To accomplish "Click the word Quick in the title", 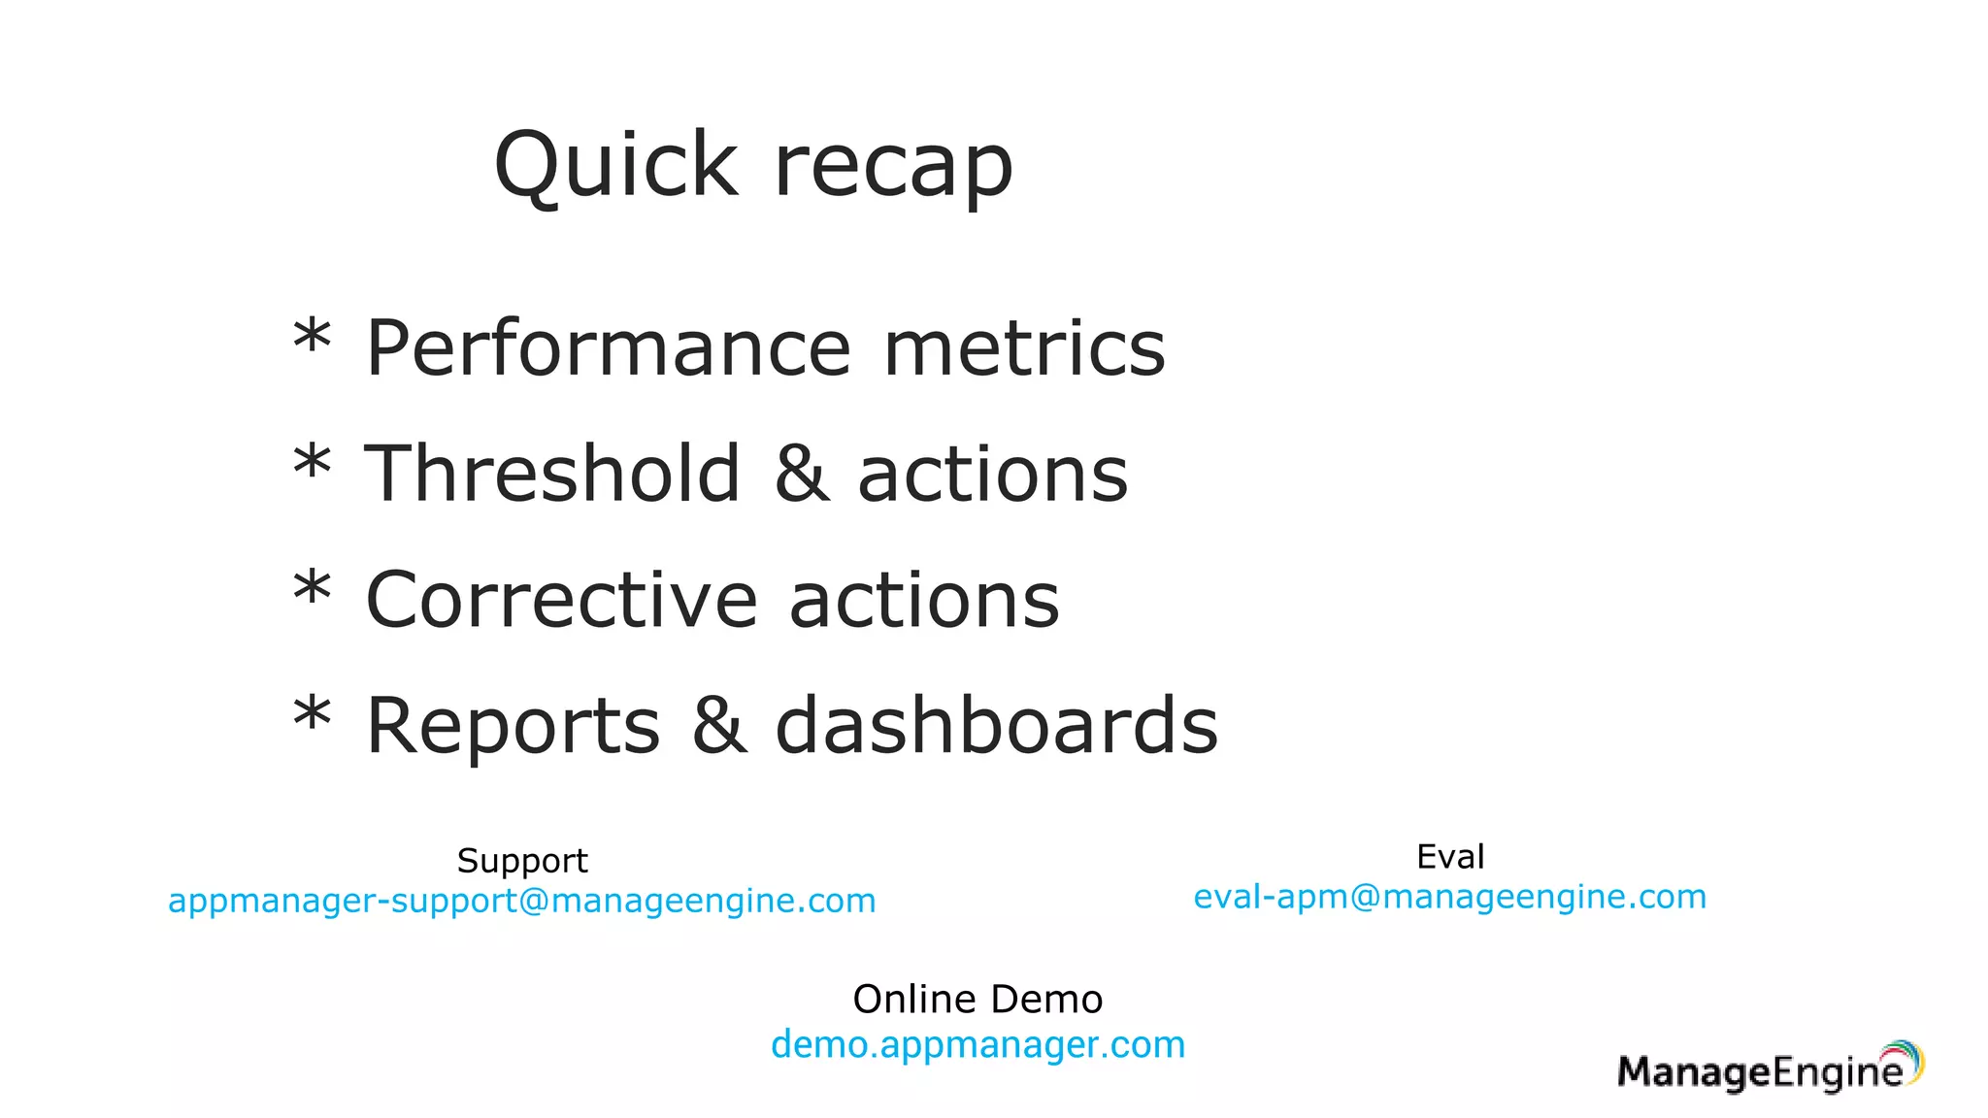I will pos(615,165).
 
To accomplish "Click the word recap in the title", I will pos(893,167).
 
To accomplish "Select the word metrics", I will pos(1024,348).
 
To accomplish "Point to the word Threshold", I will pos(552,474).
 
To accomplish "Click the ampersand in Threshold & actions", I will pos(802,474).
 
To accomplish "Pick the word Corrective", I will pos(560,600).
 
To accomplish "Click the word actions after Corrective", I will pos(924,600).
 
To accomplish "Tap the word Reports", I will pos(514,726).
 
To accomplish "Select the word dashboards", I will pos(997,726).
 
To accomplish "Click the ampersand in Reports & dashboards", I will pos(719,726).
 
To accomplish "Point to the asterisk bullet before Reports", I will pos(313,719).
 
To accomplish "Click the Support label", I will pos(522,861).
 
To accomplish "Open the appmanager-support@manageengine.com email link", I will pos(522,901).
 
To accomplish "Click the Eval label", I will pos(1450,857).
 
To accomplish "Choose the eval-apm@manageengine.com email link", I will pos(1450,897).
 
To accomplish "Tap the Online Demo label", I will pos(977,1000).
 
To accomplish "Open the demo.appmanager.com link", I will pos(977,1045).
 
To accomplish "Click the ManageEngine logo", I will pos(1770,1069).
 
